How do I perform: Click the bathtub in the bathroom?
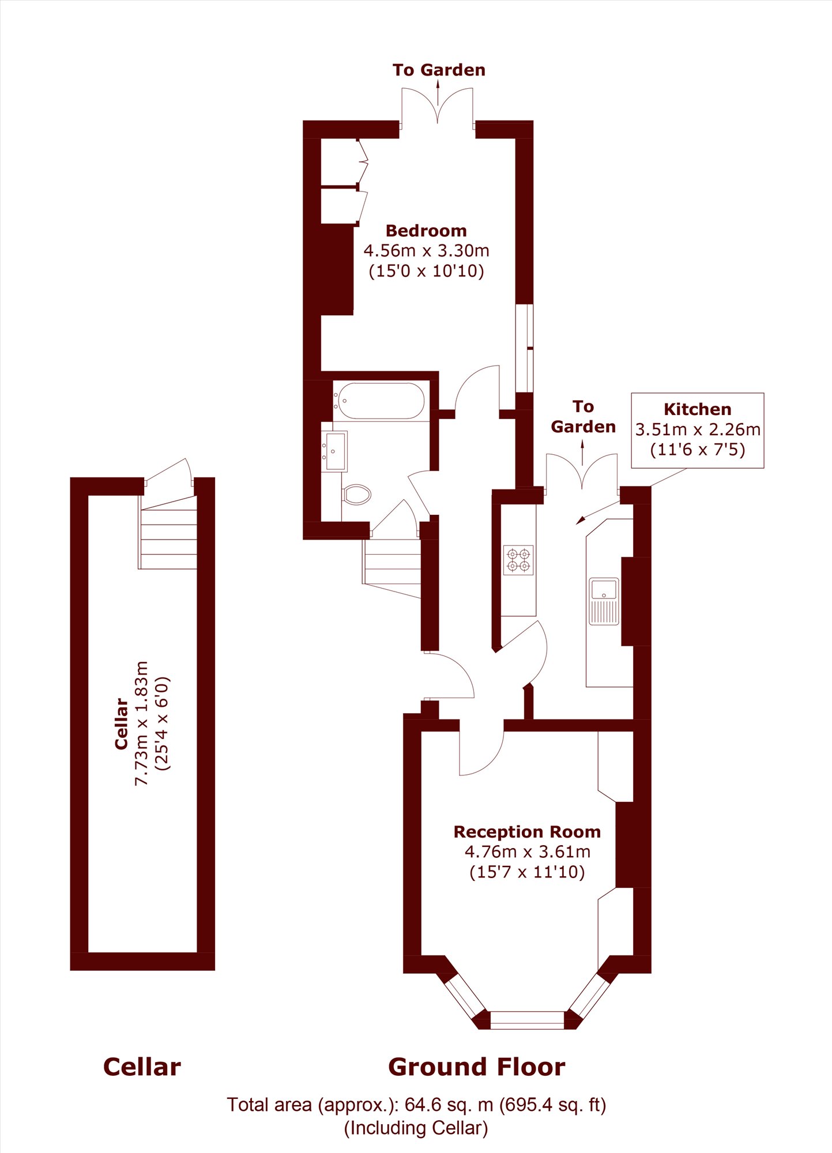pos(381,401)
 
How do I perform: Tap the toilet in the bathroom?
pos(357,494)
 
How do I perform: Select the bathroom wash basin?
pos(334,451)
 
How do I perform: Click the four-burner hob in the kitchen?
pos(518,560)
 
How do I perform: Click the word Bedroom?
pos(426,231)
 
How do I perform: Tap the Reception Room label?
pos(527,832)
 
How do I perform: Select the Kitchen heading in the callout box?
pos(697,409)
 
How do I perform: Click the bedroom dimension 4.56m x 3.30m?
pos(426,251)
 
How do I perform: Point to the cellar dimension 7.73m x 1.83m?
pos(142,723)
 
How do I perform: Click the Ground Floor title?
pos(477,1067)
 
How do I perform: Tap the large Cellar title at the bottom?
pos(142,1067)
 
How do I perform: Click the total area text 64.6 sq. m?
pos(449,1105)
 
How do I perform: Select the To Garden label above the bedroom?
pos(439,70)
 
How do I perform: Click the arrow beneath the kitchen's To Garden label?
pos(582,453)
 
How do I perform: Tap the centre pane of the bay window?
pos(527,1020)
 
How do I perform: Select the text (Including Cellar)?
pos(416,1128)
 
